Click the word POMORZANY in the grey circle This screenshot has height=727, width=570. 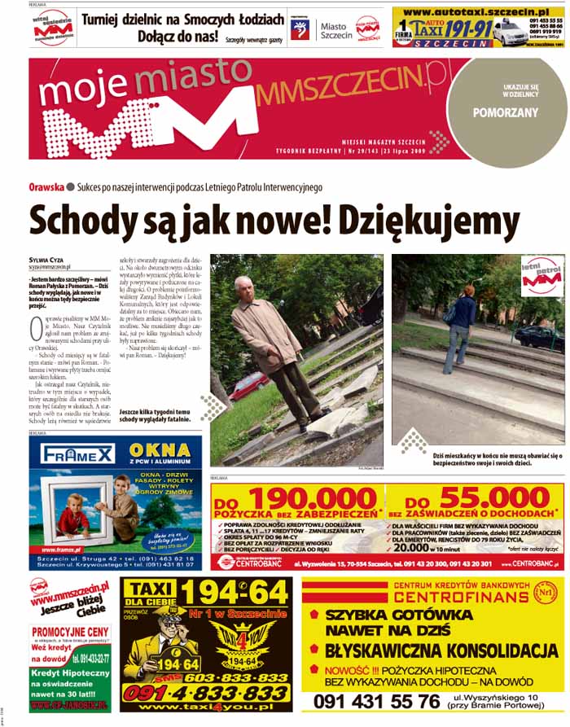pyautogui.click(x=506, y=113)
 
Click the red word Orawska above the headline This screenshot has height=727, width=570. pyautogui.click(x=46, y=187)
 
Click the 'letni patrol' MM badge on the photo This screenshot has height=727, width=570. pyautogui.click(x=541, y=275)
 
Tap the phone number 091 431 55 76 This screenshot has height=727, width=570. pyautogui.click(x=376, y=701)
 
